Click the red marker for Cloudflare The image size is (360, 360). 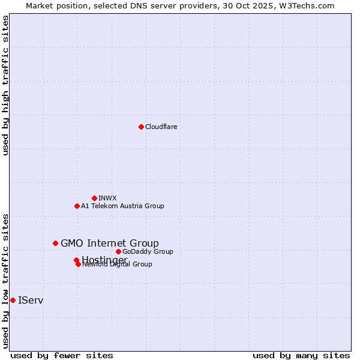click(x=141, y=127)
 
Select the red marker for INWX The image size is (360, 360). click(x=94, y=198)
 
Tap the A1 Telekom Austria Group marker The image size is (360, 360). click(x=77, y=206)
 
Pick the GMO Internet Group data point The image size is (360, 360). click(x=55, y=243)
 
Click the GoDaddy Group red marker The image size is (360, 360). click(x=118, y=251)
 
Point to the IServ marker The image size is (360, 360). click(x=13, y=300)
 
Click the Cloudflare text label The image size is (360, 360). click(x=161, y=127)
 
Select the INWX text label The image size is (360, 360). click(x=107, y=198)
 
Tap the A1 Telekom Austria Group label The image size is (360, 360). click(x=122, y=206)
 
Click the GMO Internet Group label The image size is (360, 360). click(x=110, y=243)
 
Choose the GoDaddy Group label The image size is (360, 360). click(x=148, y=251)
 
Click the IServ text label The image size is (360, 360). click(x=31, y=300)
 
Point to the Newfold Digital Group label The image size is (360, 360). click(x=118, y=264)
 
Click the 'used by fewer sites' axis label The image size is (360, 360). click(x=62, y=355)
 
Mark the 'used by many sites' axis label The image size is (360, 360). click(x=301, y=355)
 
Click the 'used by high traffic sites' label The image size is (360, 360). click(x=5, y=85)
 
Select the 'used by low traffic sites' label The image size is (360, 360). click(x=5, y=280)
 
